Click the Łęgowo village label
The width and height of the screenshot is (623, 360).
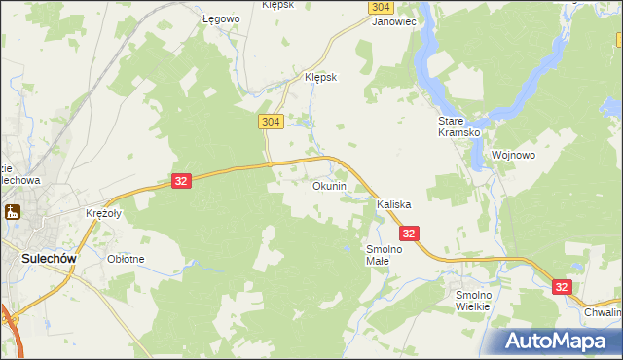(221, 19)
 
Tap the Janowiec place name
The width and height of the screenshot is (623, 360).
(395, 20)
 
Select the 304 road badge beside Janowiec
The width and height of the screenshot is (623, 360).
(382, 6)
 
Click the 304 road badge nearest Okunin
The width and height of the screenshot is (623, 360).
(272, 122)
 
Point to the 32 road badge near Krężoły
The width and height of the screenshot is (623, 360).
(181, 181)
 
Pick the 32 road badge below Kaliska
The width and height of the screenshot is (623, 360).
(409, 234)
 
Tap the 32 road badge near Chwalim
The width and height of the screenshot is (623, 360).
(562, 287)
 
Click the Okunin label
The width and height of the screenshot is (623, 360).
(329, 186)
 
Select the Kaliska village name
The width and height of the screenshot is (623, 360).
(394, 205)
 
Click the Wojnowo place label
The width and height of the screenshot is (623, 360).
(515, 155)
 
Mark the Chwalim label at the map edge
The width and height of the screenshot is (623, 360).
(604, 313)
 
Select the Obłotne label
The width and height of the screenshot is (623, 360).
(127, 259)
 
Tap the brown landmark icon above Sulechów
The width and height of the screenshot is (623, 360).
(13, 212)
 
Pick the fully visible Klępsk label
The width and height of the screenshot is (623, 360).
(320, 78)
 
